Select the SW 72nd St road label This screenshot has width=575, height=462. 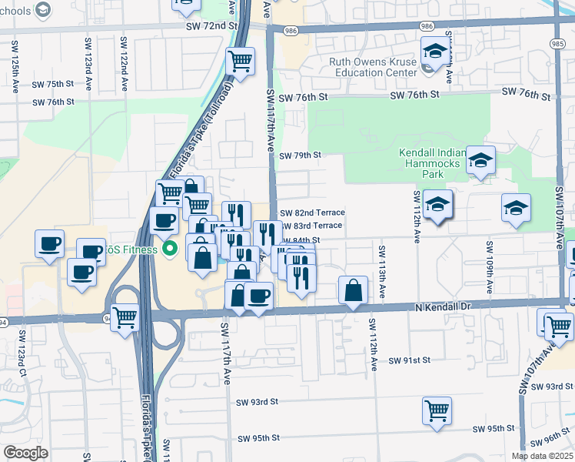tap(211, 26)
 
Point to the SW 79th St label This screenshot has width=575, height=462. tap(299, 156)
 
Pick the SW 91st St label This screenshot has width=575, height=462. tap(409, 360)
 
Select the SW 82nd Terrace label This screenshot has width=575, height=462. tap(312, 213)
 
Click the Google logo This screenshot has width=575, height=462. tap(25, 453)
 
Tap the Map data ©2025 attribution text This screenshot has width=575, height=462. tap(542, 456)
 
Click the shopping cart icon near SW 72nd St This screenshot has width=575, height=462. tap(241, 60)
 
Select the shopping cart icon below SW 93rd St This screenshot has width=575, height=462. tap(437, 409)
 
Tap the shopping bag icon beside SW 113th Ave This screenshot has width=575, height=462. tap(353, 290)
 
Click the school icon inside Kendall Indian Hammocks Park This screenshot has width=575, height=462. tap(480, 160)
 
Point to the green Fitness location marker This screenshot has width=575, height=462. tap(171, 249)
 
